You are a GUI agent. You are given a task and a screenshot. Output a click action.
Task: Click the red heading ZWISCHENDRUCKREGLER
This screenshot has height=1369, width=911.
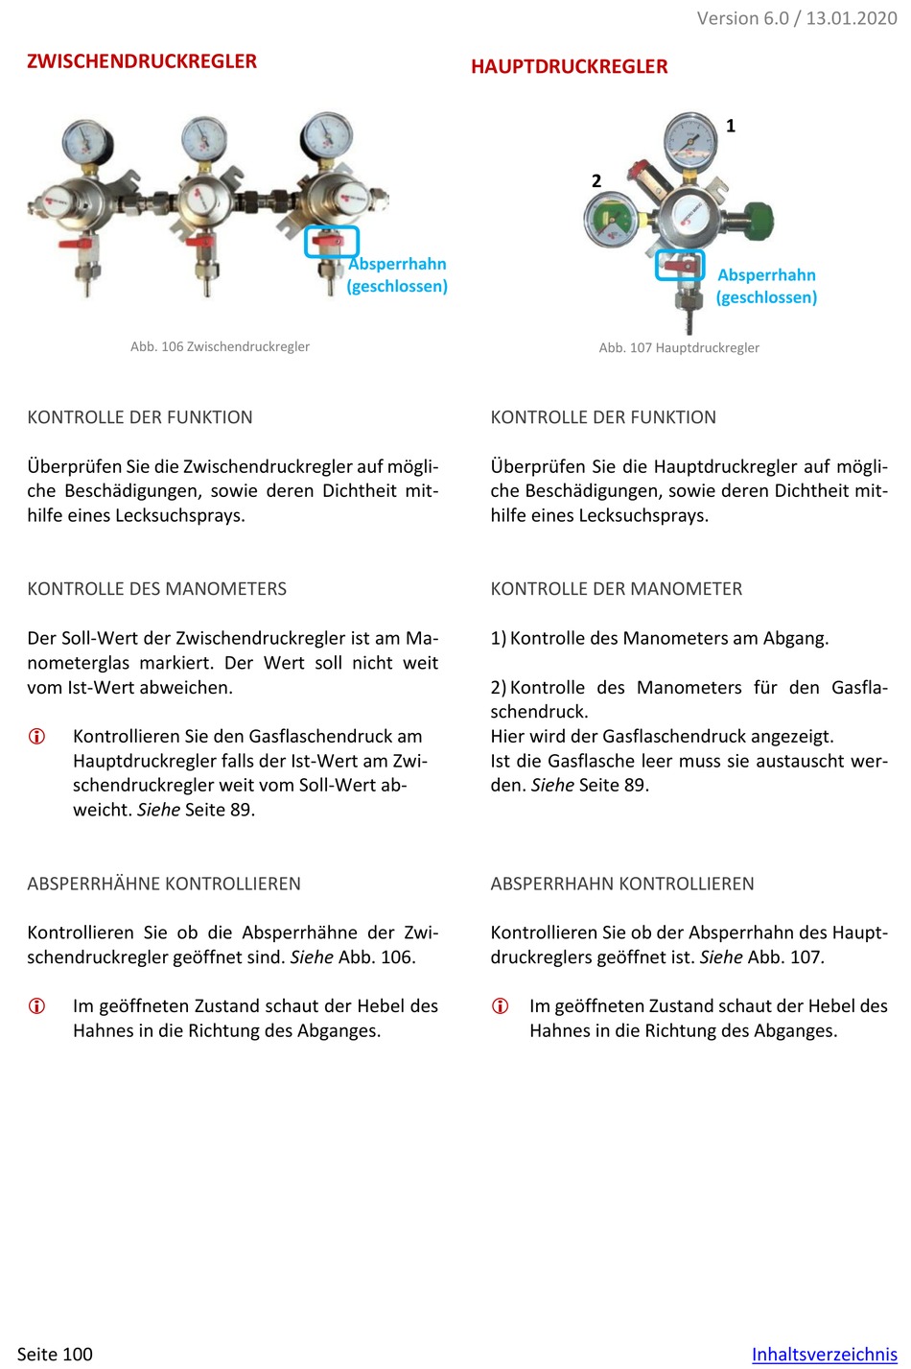142,61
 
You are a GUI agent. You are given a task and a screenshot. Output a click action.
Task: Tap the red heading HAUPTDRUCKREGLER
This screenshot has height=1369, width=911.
569,67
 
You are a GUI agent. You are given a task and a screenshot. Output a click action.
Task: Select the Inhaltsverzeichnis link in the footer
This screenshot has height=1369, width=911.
824,1354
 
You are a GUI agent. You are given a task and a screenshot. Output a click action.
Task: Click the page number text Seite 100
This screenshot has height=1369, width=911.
55,1354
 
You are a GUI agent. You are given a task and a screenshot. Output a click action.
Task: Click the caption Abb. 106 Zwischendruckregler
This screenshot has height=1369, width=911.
220,346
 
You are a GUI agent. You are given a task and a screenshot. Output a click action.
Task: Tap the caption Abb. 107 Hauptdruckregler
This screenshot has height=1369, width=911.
679,347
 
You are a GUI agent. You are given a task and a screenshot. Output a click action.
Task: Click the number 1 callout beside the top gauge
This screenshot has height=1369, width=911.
731,126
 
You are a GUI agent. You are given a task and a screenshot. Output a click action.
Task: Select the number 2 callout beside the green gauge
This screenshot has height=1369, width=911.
596,180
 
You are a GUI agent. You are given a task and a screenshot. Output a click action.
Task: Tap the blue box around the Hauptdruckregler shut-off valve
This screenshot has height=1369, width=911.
680,265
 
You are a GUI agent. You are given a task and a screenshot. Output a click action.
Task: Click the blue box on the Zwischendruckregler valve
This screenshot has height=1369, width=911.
332,242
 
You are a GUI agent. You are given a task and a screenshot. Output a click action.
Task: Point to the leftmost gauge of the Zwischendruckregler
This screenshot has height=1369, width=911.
85,140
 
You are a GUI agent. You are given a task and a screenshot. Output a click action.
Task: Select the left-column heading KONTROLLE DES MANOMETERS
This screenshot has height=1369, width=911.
157,589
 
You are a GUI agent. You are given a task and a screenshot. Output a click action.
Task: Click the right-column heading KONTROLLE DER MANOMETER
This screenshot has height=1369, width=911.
617,589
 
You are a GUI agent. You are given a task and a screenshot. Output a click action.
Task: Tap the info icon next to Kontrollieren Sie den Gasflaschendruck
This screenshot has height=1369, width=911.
36,737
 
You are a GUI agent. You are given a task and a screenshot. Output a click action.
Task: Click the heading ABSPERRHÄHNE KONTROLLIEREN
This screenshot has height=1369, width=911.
164,884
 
